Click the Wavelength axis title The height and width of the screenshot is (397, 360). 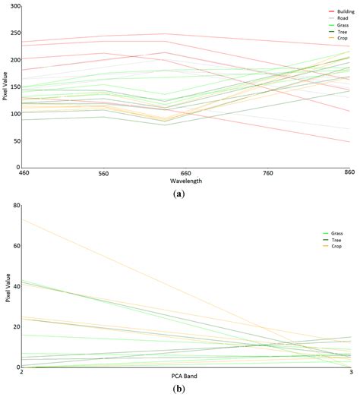pyautogui.click(x=185, y=181)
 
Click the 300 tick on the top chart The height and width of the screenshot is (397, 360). pyautogui.click(x=15, y=7)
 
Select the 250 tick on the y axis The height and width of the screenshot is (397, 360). pyautogui.click(x=15, y=33)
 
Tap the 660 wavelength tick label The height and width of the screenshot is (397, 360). pyautogui.click(x=185, y=173)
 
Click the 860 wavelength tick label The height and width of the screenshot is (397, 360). pyautogui.click(x=349, y=173)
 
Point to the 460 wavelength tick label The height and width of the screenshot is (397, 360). pyautogui.click(x=23, y=173)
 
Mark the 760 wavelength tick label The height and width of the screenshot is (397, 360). pyautogui.click(x=267, y=173)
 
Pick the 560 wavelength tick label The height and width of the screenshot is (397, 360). pyautogui.click(x=104, y=173)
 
